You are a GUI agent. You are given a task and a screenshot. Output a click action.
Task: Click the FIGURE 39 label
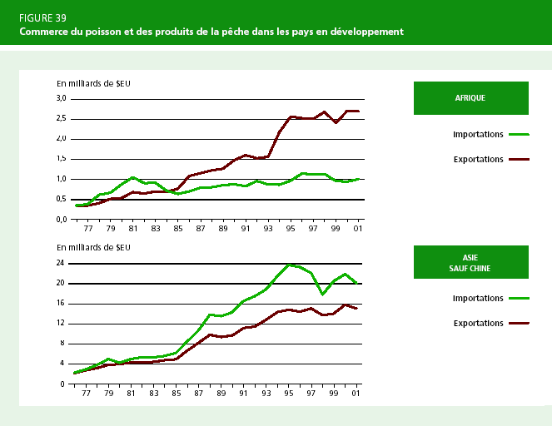42,17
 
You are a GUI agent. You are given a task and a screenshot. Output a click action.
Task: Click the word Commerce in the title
49,32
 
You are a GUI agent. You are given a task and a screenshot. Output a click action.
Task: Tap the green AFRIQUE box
470,97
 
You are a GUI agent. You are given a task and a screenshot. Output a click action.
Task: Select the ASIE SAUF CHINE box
470,261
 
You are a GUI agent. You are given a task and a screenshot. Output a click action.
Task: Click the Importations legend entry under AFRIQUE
478,133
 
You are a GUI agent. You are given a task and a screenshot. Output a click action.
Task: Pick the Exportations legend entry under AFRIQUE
478,159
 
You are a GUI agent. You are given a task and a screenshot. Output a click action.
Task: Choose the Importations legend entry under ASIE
478,297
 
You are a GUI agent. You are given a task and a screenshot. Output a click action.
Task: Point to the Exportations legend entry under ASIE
478,323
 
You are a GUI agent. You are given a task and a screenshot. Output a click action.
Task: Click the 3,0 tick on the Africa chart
61,98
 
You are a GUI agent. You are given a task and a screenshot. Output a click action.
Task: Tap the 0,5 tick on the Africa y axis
61,200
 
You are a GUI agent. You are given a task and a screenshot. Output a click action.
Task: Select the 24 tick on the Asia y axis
61,263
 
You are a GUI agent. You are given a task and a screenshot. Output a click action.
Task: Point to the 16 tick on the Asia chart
61,304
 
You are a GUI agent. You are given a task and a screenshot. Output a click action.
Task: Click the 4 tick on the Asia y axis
63,364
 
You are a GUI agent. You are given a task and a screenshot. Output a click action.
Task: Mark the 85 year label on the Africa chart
175,229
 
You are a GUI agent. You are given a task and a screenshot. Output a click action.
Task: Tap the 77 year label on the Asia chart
85,394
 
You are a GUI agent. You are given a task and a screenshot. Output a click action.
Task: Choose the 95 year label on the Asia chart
288,394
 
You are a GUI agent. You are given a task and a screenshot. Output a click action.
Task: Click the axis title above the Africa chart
93,84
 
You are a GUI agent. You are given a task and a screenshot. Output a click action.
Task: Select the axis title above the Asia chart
93,248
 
